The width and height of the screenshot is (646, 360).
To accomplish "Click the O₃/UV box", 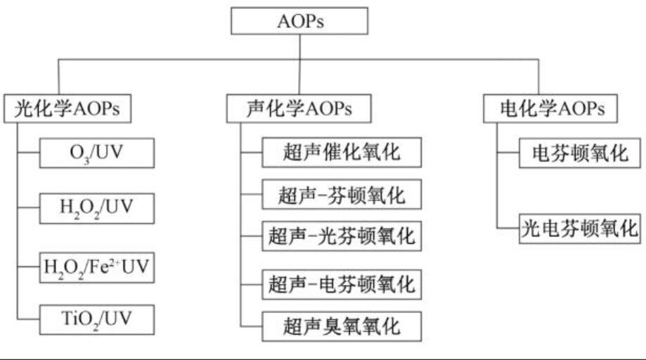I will coord(96,152).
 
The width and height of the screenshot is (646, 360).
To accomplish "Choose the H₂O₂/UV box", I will coord(96,207).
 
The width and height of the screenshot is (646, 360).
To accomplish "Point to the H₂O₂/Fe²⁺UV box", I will coord(96,267).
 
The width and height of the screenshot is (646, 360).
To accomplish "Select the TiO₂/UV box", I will coord(96,321).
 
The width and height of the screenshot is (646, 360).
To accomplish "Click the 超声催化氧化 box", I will coord(342,152).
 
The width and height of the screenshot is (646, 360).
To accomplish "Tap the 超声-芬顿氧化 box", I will coord(342,195).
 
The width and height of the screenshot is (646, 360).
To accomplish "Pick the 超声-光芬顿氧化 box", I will coord(342,236).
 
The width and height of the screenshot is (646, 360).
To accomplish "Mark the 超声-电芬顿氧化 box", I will coord(342,284).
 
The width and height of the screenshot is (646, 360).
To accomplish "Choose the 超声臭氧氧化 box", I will coord(342,325).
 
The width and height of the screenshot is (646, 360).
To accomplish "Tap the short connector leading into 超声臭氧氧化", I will coord(252,325).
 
